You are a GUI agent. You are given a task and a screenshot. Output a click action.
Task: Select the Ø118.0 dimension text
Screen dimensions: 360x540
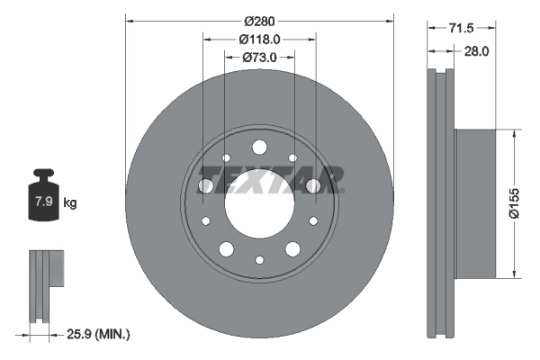click(259, 39)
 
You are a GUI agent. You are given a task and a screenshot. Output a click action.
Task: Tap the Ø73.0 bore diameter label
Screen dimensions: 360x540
click(259, 58)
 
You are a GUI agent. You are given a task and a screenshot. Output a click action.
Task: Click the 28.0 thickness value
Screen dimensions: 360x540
click(474, 51)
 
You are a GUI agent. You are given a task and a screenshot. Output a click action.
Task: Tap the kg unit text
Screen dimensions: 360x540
click(70, 203)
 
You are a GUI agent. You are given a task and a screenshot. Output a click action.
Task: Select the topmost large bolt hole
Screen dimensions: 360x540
click(259, 147)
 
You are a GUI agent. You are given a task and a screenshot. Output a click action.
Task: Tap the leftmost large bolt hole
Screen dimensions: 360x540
click(205, 185)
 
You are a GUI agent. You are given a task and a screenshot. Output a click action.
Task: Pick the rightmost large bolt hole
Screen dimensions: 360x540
click(313, 185)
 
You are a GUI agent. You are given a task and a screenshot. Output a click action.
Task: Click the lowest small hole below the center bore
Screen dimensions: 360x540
click(259, 260)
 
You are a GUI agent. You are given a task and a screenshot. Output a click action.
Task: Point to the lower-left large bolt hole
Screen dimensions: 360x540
click(226, 249)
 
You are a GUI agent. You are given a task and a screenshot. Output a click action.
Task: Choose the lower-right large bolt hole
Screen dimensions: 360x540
click(292, 249)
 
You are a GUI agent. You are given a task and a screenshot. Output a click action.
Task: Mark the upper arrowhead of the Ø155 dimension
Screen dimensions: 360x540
click(513, 133)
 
